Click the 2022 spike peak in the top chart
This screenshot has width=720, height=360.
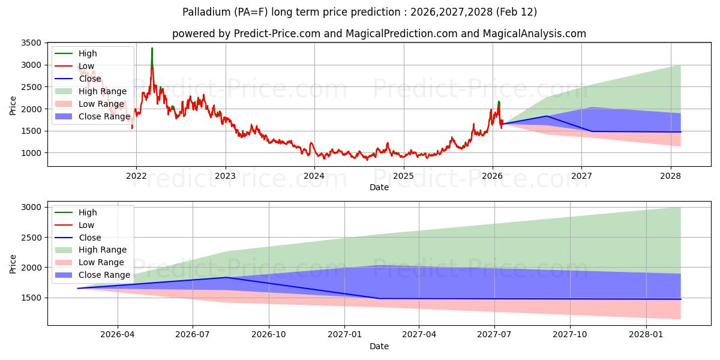[152, 48]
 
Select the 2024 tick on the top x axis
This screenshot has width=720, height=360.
[314, 175]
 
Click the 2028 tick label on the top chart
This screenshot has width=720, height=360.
[670, 175]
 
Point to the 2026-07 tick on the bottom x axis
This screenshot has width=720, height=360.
[193, 334]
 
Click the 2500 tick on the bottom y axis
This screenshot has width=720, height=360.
[33, 238]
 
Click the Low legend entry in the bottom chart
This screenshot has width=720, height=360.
[86, 225]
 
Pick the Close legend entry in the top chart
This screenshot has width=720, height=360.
[89, 79]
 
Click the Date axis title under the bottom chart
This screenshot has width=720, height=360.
[379, 346]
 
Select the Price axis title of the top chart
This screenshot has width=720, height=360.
[13, 106]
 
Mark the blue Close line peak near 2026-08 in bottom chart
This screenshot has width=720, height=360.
[227, 277]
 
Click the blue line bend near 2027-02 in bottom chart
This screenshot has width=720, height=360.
[379, 298]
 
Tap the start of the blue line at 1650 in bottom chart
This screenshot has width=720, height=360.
[78, 289]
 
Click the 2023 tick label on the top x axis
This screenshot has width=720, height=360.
[225, 175]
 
